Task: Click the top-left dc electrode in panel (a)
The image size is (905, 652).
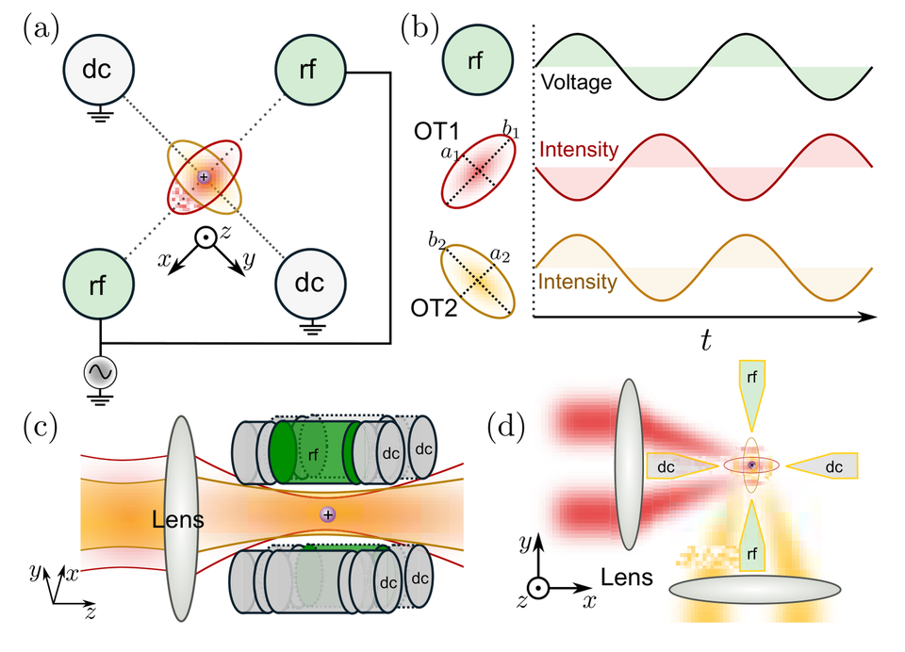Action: [98, 69]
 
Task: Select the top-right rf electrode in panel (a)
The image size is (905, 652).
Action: [310, 69]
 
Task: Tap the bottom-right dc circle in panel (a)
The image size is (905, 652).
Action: [310, 284]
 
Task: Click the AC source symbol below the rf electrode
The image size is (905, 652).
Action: [101, 372]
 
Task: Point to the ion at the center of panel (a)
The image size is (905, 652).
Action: [204, 176]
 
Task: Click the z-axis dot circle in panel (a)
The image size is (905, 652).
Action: [205, 237]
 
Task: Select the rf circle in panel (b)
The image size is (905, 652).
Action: [477, 59]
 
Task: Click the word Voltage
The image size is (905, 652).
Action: [576, 82]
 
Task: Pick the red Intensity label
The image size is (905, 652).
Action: [579, 150]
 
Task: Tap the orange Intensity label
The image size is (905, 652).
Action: [577, 282]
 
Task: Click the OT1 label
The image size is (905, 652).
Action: [436, 131]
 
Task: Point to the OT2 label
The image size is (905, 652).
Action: [434, 308]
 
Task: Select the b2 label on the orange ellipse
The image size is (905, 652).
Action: [436, 240]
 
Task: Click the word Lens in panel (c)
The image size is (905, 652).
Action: [178, 519]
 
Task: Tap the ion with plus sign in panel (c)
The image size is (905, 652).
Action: [328, 514]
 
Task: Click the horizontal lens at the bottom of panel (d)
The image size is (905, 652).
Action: [755, 589]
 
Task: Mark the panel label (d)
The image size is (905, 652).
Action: [506, 428]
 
